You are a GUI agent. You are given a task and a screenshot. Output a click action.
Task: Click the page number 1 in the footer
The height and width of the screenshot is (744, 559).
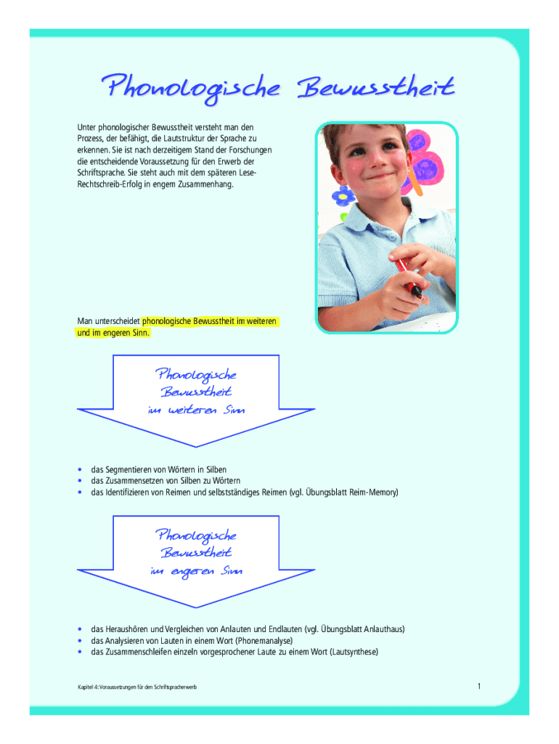[480, 686]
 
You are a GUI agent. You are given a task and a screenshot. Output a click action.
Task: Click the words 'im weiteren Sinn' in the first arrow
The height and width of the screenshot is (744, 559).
[196, 411]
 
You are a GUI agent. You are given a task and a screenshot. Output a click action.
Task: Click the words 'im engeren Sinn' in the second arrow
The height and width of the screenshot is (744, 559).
[196, 571]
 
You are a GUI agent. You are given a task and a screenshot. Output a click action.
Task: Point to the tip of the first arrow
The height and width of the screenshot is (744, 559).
[196, 445]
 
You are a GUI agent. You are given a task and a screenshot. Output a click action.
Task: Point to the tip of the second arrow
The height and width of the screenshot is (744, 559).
[196, 605]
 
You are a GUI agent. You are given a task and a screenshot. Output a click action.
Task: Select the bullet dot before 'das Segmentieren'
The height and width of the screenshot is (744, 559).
[79, 469]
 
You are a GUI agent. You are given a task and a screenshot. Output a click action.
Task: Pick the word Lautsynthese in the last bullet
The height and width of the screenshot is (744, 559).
[354, 652]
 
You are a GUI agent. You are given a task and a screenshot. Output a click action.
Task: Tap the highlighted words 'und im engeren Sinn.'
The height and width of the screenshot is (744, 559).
[113, 333]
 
